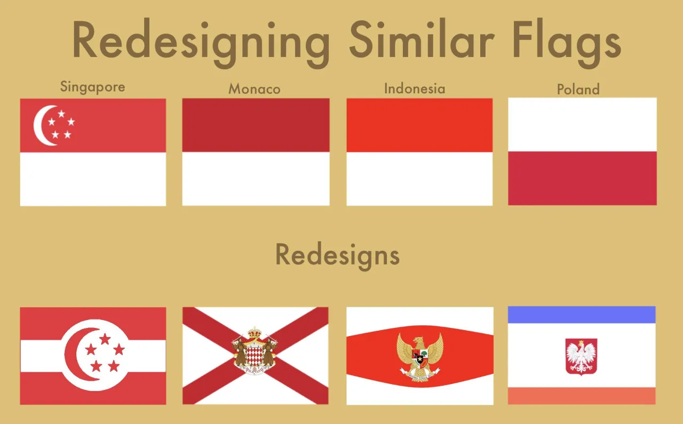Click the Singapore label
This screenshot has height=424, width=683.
[93, 86]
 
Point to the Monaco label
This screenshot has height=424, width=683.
[255, 89]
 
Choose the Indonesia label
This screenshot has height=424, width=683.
[415, 88]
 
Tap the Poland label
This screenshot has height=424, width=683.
[578, 89]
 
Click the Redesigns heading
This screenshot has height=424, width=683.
[337, 255]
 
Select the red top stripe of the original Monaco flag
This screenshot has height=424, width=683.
[256, 125]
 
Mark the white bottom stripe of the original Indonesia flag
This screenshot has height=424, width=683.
[419, 179]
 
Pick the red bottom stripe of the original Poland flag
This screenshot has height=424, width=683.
[582, 178]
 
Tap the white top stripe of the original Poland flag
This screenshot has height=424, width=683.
[582, 124]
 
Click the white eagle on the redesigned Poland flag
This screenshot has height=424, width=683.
[581, 356]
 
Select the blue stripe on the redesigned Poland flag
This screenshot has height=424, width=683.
[581, 315]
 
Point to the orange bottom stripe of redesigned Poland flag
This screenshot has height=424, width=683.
[581, 396]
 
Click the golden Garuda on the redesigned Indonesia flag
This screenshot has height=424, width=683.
[420, 356]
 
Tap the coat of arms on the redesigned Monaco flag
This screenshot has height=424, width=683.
[256, 352]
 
